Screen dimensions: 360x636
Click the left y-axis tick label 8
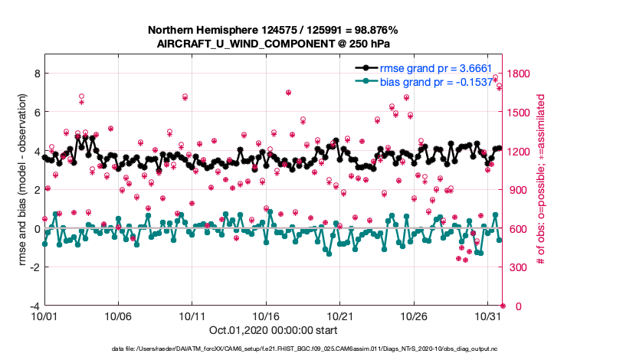click(x=36, y=73)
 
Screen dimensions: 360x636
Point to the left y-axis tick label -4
click(x=34, y=306)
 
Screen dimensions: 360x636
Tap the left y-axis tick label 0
click(x=36, y=228)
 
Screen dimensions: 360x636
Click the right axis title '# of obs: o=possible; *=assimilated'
click(x=541, y=180)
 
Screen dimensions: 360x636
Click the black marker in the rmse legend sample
click(x=367, y=68)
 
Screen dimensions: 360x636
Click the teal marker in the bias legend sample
click(x=367, y=81)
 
